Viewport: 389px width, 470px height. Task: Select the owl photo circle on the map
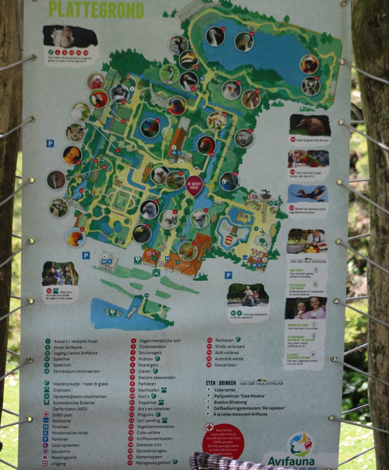[x=75, y=133]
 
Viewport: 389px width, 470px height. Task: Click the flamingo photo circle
[x=206, y=145]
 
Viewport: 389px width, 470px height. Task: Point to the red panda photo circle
[x=216, y=121]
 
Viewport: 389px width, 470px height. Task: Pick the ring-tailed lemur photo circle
[x=310, y=86]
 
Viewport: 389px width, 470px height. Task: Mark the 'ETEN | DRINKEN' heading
[x=221, y=383]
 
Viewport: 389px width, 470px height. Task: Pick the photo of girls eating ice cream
[x=305, y=309]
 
